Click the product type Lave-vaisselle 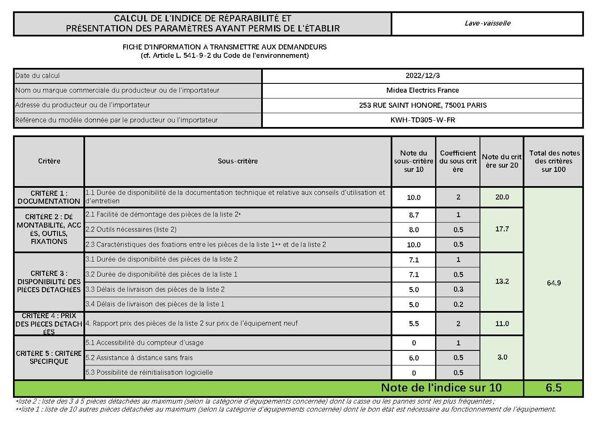click(x=487, y=23)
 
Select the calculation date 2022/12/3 click(x=423, y=75)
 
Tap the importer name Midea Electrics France click(x=423, y=90)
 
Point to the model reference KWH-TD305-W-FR click(x=423, y=120)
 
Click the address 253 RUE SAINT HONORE click(x=423, y=105)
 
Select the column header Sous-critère click(x=238, y=161)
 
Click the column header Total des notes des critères click(x=554, y=161)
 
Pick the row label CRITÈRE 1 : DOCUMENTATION click(x=49, y=197)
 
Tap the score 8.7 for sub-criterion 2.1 click(x=414, y=215)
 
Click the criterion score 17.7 click(x=502, y=229)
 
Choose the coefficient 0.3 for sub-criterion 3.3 click(x=458, y=289)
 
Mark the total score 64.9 click(x=554, y=283)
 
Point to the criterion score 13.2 click(x=502, y=281)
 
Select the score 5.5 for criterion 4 click(x=414, y=324)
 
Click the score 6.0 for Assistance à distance click(x=414, y=358)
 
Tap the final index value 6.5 click(x=554, y=388)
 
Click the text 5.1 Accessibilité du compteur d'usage click(x=145, y=342)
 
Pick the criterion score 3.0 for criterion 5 click(x=502, y=357)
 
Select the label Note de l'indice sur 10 click(x=441, y=388)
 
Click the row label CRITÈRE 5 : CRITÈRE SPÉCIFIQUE click(x=49, y=357)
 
